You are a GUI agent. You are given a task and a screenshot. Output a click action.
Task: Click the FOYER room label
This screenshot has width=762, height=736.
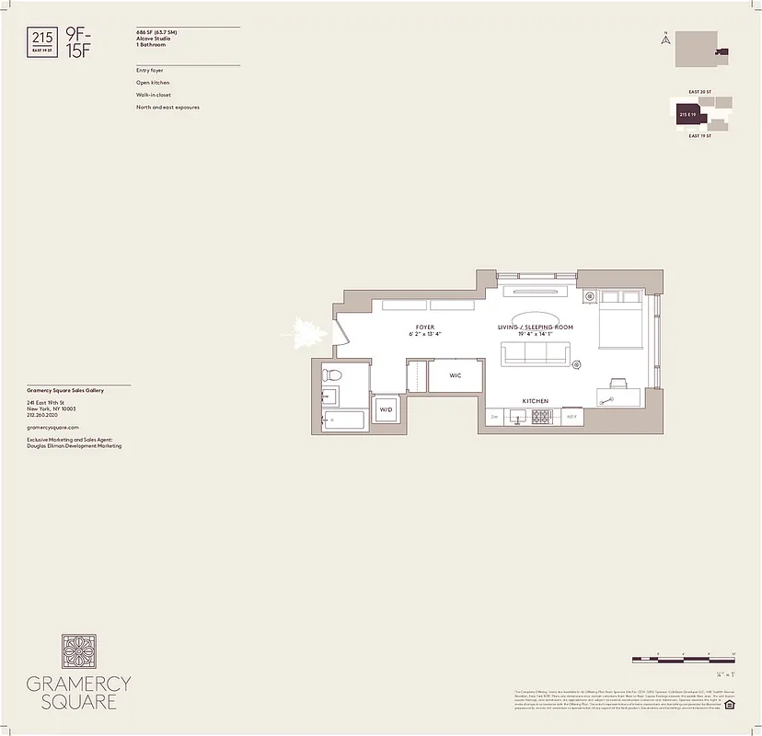coord(424,328)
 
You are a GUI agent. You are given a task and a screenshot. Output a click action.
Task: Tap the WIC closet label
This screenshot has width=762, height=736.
coord(455,376)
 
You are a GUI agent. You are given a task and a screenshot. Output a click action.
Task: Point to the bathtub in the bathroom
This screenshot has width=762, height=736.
coord(344,420)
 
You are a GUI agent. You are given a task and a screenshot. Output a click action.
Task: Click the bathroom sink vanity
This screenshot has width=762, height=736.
coord(329,397)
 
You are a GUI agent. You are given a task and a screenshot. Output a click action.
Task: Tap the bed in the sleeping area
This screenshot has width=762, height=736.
coord(623,328)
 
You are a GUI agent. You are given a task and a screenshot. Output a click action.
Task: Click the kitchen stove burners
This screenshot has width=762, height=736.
coord(540,417)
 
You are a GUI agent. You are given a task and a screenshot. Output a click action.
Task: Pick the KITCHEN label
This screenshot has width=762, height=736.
coord(535,401)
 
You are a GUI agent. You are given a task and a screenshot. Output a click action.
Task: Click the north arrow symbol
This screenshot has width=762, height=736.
coord(664,39)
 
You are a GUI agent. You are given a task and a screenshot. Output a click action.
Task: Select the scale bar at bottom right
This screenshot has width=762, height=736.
coord(683,661)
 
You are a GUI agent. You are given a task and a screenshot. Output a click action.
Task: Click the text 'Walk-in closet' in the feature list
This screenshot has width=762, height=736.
coord(153,95)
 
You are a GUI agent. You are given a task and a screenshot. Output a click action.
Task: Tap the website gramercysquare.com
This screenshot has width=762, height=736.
coord(53,427)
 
